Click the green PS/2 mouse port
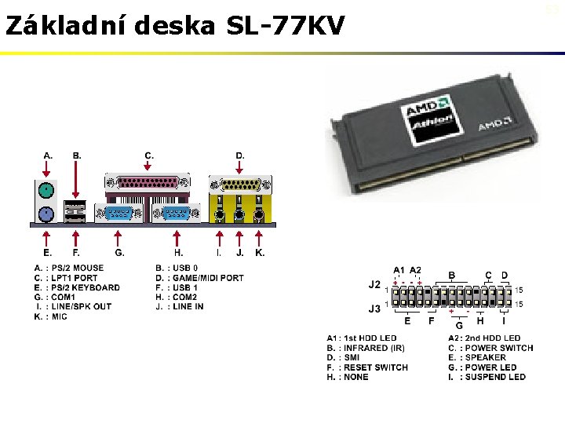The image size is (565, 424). pyautogui.click(x=47, y=189)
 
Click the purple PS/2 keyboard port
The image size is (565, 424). pyautogui.click(x=47, y=213)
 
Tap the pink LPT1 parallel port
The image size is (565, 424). pyautogui.click(x=148, y=183)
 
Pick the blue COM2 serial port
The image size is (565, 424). pyautogui.click(x=177, y=214)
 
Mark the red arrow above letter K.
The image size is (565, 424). pyautogui.click(x=260, y=236)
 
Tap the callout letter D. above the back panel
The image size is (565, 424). pyautogui.click(x=240, y=155)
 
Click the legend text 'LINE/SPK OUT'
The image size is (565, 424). pyautogui.click(x=81, y=307)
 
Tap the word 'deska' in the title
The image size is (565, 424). pyautogui.click(x=177, y=26)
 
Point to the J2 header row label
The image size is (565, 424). pyautogui.click(x=374, y=283)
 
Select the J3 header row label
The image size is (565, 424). pyautogui.click(x=374, y=309)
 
